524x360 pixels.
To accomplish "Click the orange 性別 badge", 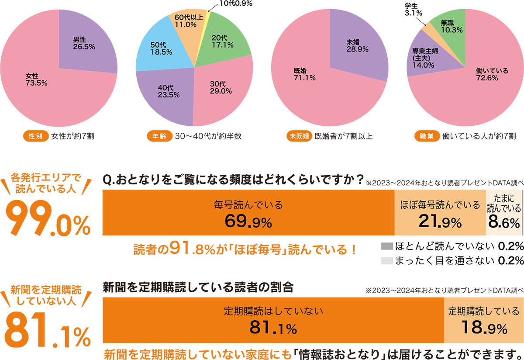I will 35,136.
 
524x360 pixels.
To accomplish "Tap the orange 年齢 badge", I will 160,136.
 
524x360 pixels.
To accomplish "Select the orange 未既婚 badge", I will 300,136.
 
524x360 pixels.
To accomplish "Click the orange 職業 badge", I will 426,136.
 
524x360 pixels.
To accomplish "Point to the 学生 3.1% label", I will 415,9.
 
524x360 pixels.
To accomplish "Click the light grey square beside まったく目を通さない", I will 387,261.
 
